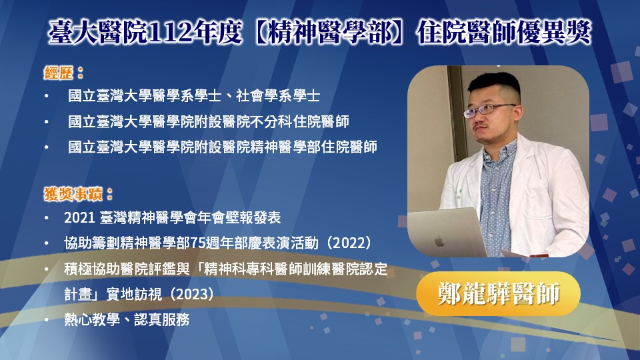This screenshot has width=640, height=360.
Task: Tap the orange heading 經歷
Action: tap(59, 73)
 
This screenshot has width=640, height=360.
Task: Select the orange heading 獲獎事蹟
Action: tap(73, 194)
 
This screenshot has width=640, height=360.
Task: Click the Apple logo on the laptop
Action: tap(439, 241)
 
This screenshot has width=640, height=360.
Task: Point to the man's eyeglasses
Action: tap(488, 109)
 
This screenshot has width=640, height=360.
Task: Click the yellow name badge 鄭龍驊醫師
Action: tap(498, 293)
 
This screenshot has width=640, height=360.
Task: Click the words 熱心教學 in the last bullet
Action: tap(92, 319)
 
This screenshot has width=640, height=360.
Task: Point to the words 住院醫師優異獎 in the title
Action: tap(504, 33)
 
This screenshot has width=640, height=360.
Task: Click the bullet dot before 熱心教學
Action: tap(47, 319)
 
